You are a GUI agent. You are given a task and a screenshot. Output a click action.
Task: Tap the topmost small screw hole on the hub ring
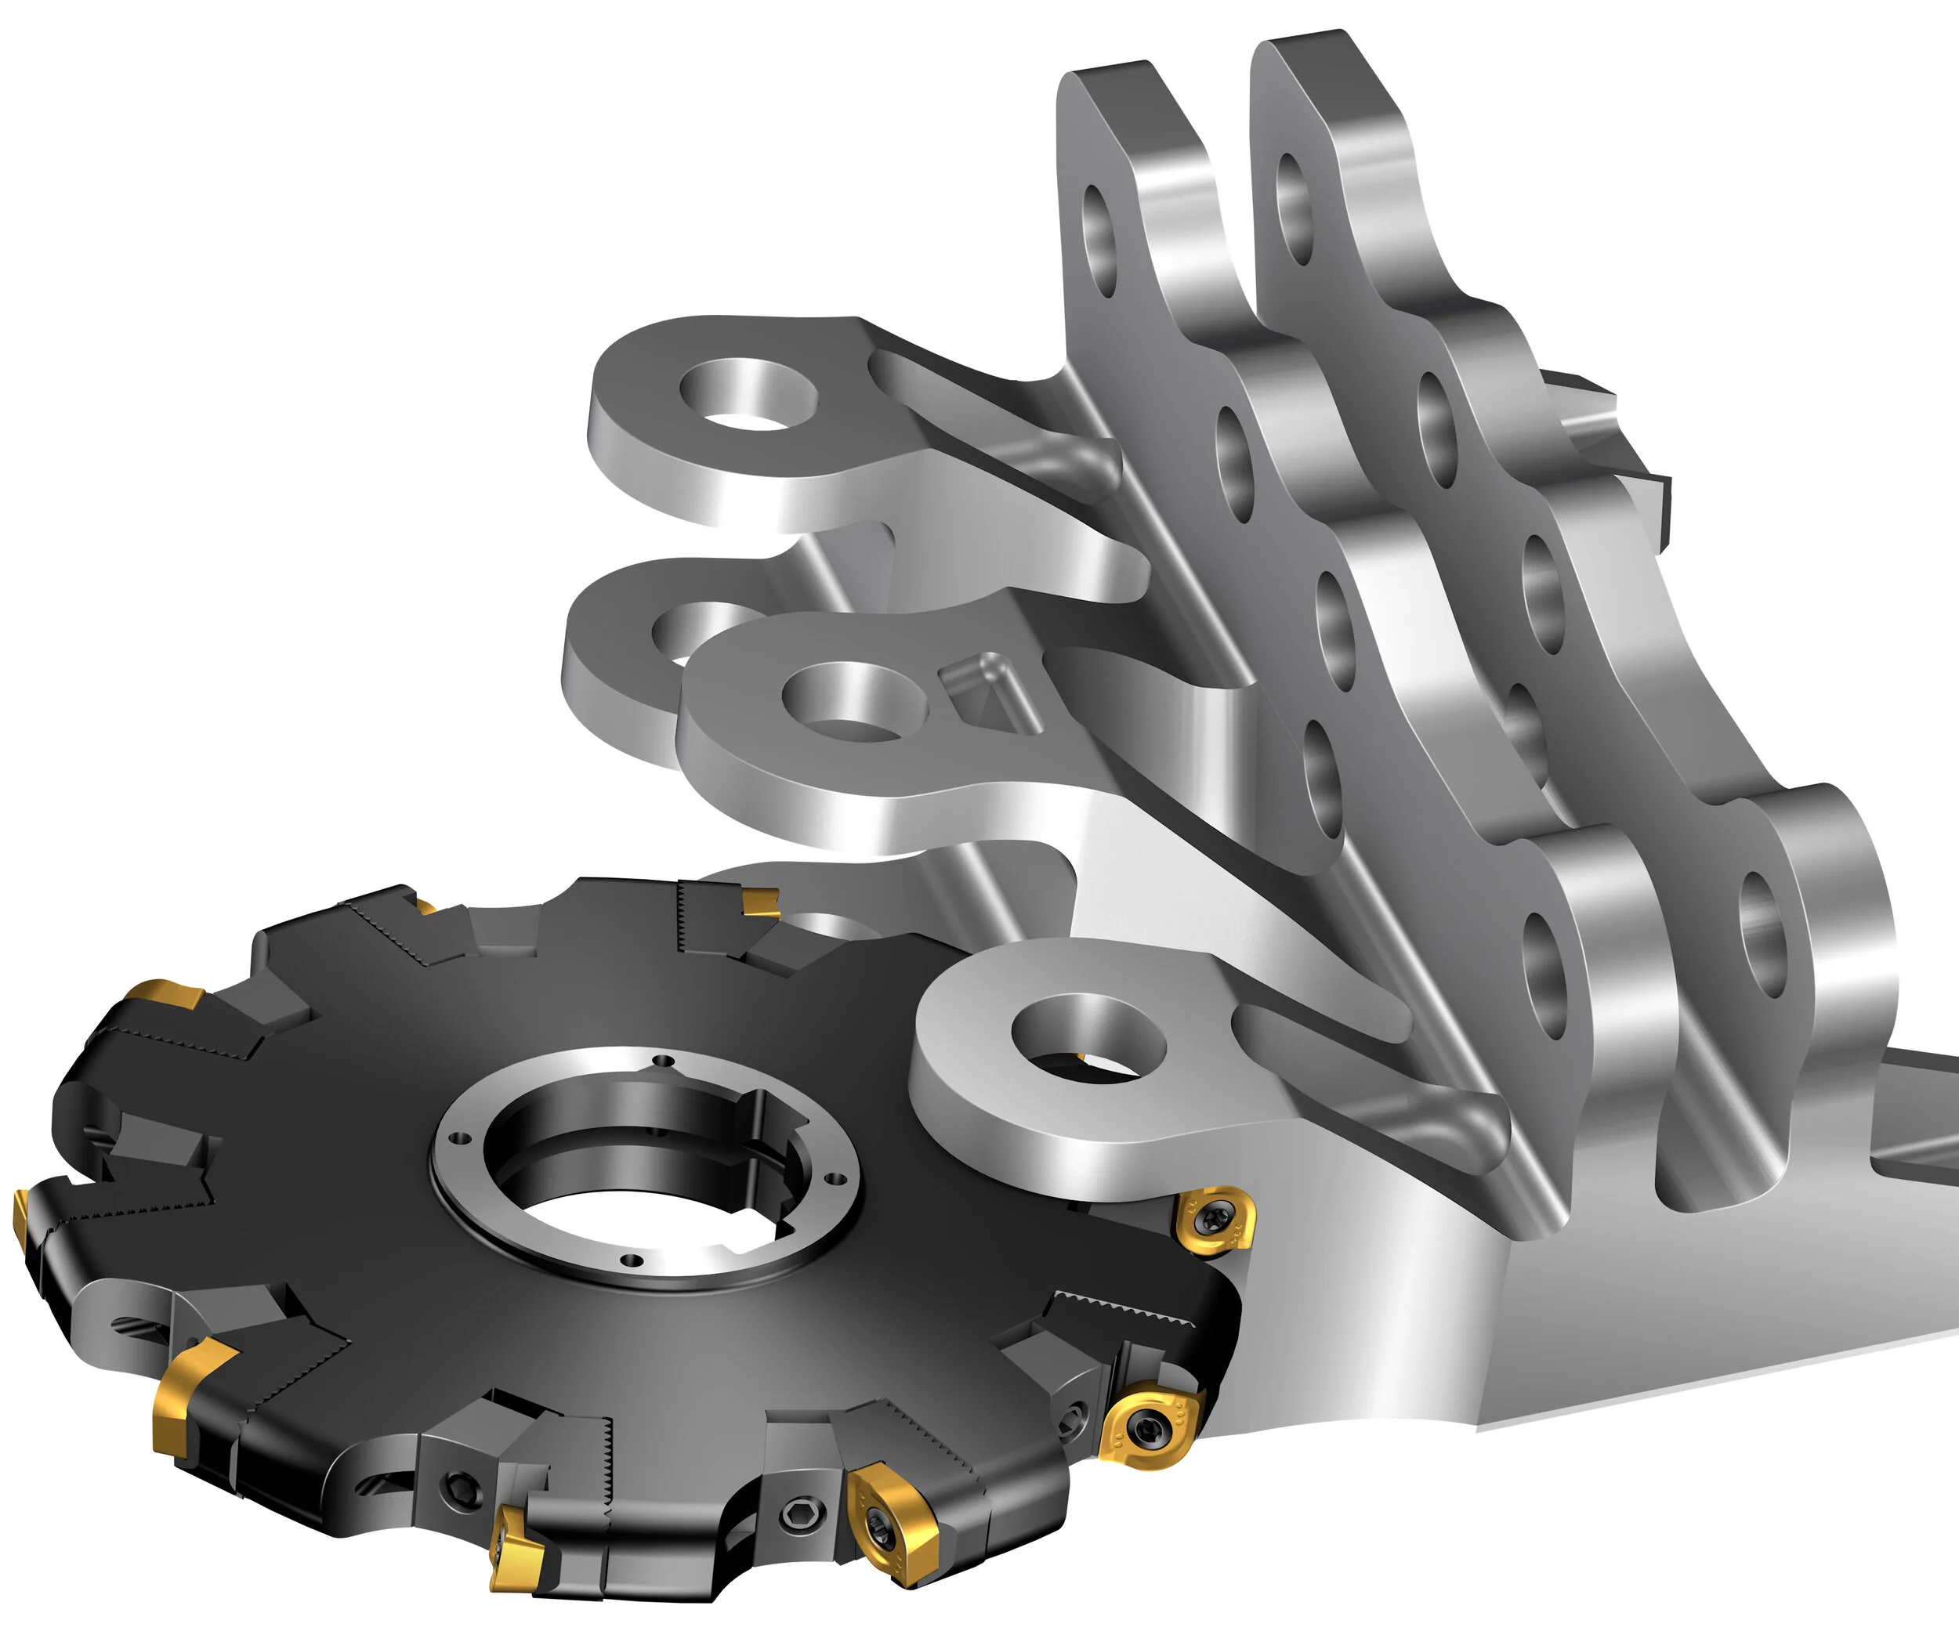click(x=663, y=1060)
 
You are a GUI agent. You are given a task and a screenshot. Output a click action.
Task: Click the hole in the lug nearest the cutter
click(x=1088, y=1038)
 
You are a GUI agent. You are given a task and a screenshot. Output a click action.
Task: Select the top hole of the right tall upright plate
click(x=1295, y=207)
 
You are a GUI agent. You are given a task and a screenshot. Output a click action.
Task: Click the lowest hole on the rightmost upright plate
click(x=1762, y=947)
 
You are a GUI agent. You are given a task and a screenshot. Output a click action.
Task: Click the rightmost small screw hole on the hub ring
click(x=837, y=1177)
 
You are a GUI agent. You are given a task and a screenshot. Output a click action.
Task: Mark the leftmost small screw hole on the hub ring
click(x=456, y=1137)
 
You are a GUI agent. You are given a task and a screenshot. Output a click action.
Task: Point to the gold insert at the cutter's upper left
click(x=166, y=998)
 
